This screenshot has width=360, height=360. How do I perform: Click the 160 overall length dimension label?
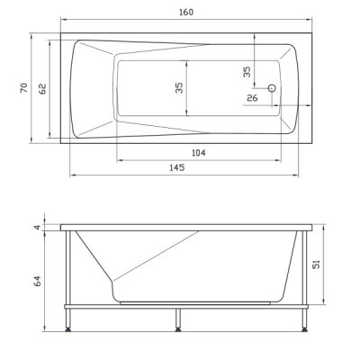click(186, 13)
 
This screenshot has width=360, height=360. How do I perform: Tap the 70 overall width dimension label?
click(24, 87)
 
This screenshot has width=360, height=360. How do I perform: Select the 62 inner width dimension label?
click(43, 89)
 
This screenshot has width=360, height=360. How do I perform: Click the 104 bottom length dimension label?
click(199, 153)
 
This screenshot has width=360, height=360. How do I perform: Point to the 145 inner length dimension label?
click(177, 167)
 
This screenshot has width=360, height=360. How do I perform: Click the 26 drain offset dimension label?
click(252, 98)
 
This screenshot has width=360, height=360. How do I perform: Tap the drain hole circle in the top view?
click(272, 88)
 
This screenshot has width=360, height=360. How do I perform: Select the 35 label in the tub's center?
click(179, 87)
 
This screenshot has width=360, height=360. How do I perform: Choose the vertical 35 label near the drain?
click(247, 72)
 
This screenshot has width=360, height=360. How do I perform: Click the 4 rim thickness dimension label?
click(37, 227)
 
